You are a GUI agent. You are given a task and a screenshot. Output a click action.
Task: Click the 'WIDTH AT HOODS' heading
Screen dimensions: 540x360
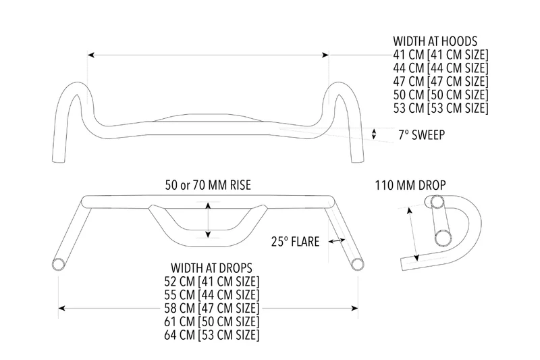[435, 41]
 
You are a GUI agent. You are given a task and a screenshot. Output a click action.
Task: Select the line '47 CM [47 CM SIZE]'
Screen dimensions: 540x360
[441, 81]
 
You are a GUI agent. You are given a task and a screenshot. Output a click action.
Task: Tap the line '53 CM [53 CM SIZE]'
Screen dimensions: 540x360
[441, 108]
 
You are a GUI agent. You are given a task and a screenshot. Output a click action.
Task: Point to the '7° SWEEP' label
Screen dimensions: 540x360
[421, 134]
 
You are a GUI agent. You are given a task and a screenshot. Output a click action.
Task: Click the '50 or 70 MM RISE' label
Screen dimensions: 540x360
[208, 185]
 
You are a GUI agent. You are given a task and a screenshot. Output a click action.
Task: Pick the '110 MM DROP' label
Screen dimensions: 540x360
[410, 185]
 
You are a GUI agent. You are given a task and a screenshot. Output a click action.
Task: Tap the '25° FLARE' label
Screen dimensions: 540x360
[295, 242]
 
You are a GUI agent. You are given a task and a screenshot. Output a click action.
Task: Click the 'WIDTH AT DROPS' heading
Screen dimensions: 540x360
[211, 268]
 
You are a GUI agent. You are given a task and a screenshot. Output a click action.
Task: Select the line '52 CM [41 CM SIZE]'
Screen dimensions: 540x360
[211, 282]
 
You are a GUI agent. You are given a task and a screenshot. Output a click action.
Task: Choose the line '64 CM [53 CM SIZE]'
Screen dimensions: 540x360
[211, 335]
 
